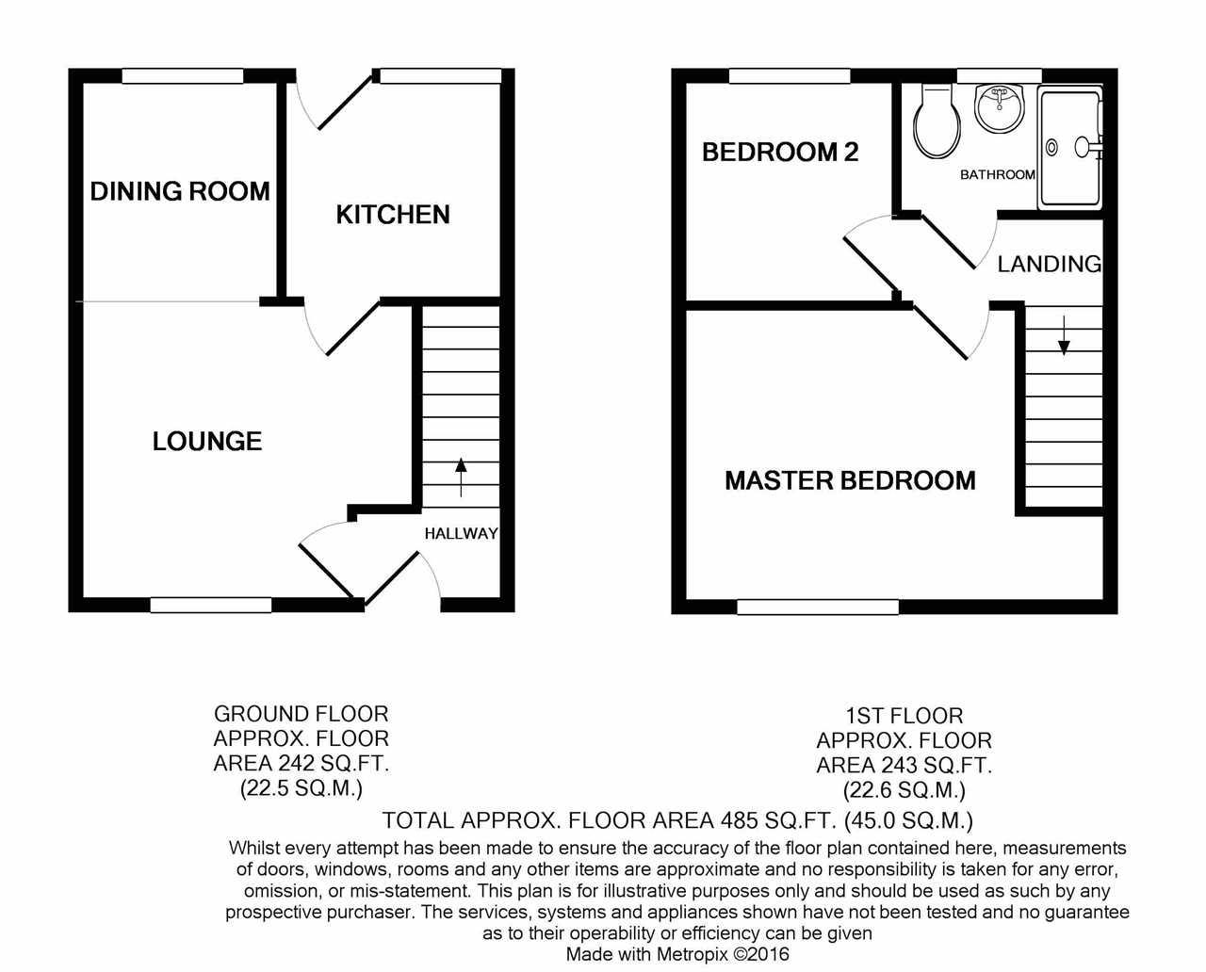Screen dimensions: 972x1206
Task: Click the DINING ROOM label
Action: pos(180,192)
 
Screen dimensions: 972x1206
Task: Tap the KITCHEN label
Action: pos(393,215)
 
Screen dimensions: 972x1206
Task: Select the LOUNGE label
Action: pos(207,441)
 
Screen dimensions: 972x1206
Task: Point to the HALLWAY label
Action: pos(461,533)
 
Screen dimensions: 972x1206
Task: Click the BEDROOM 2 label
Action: pos(780,152)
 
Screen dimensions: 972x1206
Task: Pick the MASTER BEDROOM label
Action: pos(850,480)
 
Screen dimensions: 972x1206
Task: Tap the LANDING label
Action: pos(1049,264)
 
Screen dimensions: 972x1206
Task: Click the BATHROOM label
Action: pos(997,174)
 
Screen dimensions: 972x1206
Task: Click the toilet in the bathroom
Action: pos(937,123)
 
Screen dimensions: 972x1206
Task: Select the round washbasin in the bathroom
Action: pos(1000,107)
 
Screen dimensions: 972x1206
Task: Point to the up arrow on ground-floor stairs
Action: pos(461,477)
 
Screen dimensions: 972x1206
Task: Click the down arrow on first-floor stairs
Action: pos(1064,334)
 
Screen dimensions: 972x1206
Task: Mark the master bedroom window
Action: pos(818,607)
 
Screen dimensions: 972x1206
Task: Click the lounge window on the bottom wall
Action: pos(211,605)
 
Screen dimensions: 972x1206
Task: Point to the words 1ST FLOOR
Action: pos(904,717)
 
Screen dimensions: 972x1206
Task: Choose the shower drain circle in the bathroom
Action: pos(1052,147)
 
